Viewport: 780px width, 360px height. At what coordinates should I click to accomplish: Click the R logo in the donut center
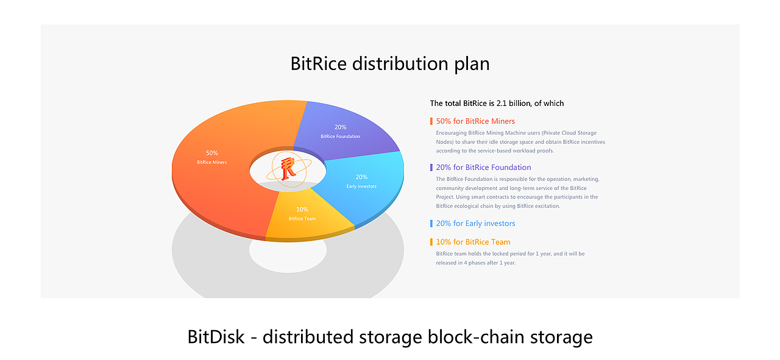point(288,168)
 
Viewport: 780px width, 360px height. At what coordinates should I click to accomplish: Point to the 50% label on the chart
point(211,153)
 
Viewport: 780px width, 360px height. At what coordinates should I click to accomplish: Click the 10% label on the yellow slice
point(302,210)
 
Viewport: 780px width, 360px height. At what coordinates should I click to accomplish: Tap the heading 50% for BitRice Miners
point(475,121)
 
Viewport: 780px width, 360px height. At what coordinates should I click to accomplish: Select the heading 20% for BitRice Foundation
point(483,168)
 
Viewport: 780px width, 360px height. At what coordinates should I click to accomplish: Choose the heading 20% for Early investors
point(475,224)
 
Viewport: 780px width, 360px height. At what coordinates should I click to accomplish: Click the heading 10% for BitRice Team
point(473,242)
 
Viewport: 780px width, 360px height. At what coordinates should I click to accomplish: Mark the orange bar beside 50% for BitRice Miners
point(431,121)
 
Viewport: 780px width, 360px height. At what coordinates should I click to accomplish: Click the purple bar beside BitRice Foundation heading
point(431,168)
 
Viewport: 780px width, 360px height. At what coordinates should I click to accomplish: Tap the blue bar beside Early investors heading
point(431,224)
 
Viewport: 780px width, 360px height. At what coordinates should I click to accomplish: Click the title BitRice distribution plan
point(390,63)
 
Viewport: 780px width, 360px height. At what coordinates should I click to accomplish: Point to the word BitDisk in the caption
point(215,337)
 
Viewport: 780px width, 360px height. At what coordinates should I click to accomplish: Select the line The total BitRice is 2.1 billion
point(497,104)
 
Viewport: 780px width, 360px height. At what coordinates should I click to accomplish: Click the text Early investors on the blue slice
point(361,186)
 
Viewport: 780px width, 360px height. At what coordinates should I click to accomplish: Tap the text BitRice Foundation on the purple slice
point(340,136)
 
